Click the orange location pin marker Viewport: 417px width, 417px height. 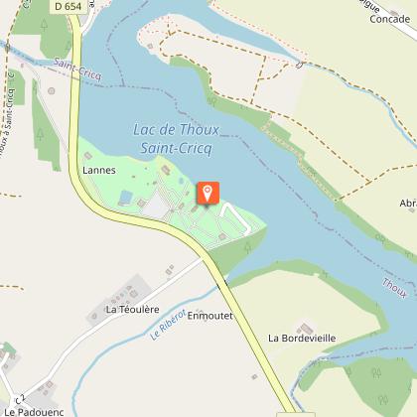click(208, 193)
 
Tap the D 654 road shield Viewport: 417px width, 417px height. click(68, 6)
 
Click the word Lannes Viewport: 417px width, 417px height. click(100, 170)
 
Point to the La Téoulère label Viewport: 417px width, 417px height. click(132, 310)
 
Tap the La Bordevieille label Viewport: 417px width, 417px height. click(302, 338)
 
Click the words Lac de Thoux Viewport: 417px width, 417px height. click(170, 130)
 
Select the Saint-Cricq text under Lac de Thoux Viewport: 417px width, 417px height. click(171, 147)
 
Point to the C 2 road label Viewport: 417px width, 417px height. click(19, 389)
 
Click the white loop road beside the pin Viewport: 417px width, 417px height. click(232, 213)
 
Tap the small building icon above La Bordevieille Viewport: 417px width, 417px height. click(305, 325)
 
